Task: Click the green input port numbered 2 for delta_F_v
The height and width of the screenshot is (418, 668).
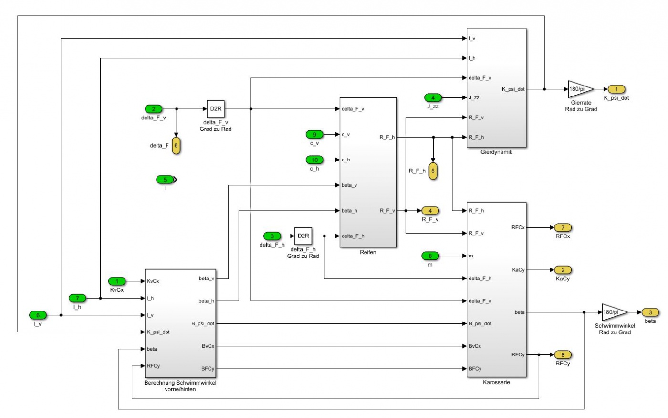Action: (154, 109)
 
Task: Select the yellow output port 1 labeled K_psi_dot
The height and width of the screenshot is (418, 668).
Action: (616, 89)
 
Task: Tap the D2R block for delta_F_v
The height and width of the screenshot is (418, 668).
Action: (216, 109)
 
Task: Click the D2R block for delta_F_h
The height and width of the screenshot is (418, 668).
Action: (303, 236)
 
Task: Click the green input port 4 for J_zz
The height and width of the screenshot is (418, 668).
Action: (433, 98)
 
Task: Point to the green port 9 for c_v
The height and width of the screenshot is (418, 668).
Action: (314, 135)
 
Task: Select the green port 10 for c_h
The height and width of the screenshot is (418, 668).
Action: (314, 160)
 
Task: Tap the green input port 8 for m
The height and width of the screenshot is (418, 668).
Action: (430, 256)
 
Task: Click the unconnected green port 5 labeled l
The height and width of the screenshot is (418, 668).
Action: (165, 180)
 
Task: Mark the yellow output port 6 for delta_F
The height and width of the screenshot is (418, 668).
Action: (176, 145)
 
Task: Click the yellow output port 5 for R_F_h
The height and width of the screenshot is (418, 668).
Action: (433, 171)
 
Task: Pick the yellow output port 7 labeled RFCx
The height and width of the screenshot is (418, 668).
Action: (563, 228)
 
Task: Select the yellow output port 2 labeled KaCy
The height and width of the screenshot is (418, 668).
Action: (563, 270)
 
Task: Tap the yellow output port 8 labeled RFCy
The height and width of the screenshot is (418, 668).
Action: (563, 355)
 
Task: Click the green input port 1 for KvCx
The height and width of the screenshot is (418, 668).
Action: (117, 281)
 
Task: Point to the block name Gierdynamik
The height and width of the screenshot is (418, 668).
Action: (496, 152)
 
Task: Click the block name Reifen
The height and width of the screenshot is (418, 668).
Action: (368, 252)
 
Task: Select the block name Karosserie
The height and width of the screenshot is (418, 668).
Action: (496, 382)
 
